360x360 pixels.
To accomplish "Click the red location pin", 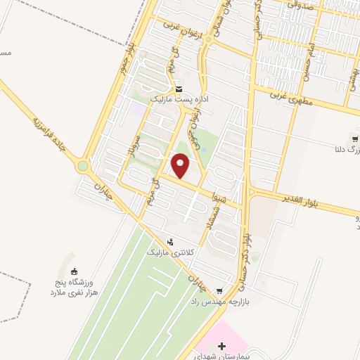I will [x=181, y=166].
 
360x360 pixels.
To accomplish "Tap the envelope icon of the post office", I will [x=180, y=89].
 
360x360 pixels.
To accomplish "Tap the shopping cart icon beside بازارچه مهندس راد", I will [x=220, y=290].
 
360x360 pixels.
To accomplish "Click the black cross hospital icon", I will [x=222, y=345].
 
